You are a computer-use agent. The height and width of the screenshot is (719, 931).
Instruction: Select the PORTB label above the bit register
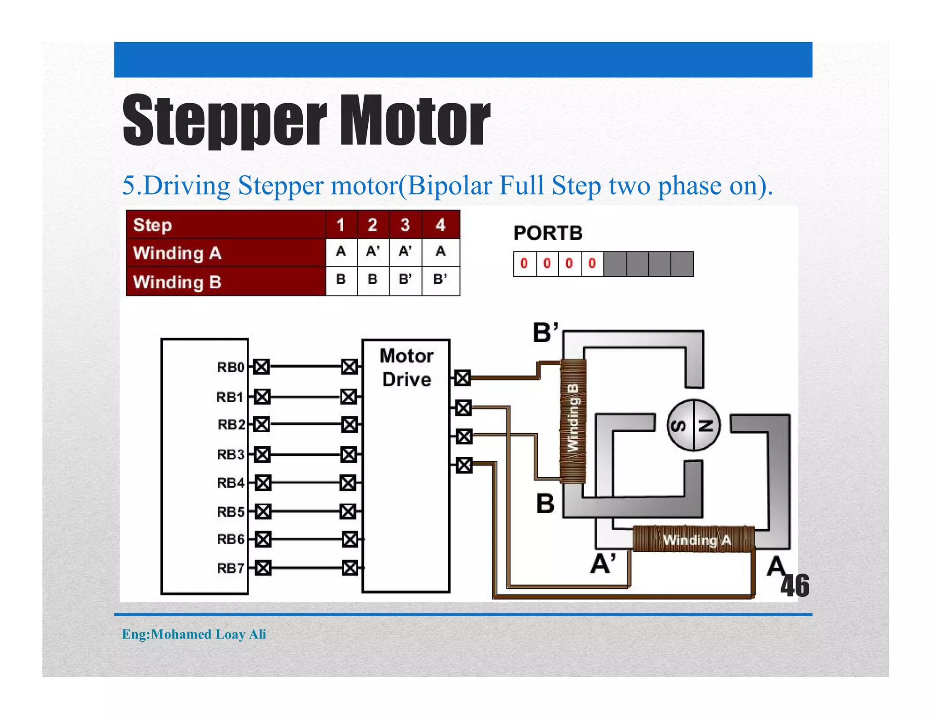coord(548,233)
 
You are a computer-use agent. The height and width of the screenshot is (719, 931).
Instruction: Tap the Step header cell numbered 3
coord(405,225)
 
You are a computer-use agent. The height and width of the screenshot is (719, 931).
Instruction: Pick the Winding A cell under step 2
coord(373,251)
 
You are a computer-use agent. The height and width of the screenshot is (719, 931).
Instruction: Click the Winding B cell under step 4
coord(440,279)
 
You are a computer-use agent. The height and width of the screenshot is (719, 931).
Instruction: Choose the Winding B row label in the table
coord(177,282)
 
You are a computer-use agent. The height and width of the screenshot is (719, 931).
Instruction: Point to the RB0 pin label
coord(230,367)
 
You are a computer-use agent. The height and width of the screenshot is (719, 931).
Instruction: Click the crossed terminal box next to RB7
coord(263,568)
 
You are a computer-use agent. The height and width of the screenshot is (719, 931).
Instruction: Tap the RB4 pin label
coord(230,483)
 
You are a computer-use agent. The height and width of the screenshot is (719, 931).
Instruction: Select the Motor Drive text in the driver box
coord(406,367)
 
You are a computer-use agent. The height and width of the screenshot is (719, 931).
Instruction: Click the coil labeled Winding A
coord(694,539)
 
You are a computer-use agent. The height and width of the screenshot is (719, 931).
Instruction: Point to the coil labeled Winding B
coord(573,420)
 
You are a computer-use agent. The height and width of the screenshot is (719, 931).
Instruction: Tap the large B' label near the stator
coord(545,332)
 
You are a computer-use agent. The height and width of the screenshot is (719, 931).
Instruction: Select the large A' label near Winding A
coord(603,564)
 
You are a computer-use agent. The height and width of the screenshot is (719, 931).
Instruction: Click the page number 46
coord(795,586)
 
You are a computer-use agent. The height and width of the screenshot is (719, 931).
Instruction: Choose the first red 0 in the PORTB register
coord(524,264)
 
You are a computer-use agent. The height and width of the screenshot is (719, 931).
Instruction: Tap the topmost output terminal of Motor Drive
coord(463,378)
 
